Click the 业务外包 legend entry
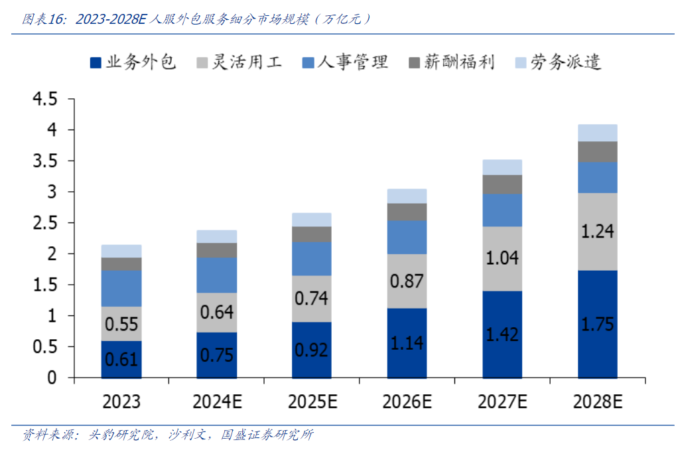pos(133,63)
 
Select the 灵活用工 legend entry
pos(239,63)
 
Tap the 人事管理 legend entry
pos(344,63)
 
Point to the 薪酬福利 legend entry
pos(451,63)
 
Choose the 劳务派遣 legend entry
pos(558,63)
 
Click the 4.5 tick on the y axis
pos(44,100)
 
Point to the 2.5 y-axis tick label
pos(44,223)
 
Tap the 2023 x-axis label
pos(121,402)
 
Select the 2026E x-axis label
pos(407,402)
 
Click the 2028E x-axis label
pos(597,402)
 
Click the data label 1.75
pos(597,325)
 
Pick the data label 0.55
pos(121,325)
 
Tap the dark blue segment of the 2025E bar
pos(312,350)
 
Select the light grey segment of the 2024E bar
pos(217,312)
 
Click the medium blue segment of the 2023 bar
pos(121,288)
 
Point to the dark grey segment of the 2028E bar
pos(597,151)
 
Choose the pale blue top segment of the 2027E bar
pos(502,167)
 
